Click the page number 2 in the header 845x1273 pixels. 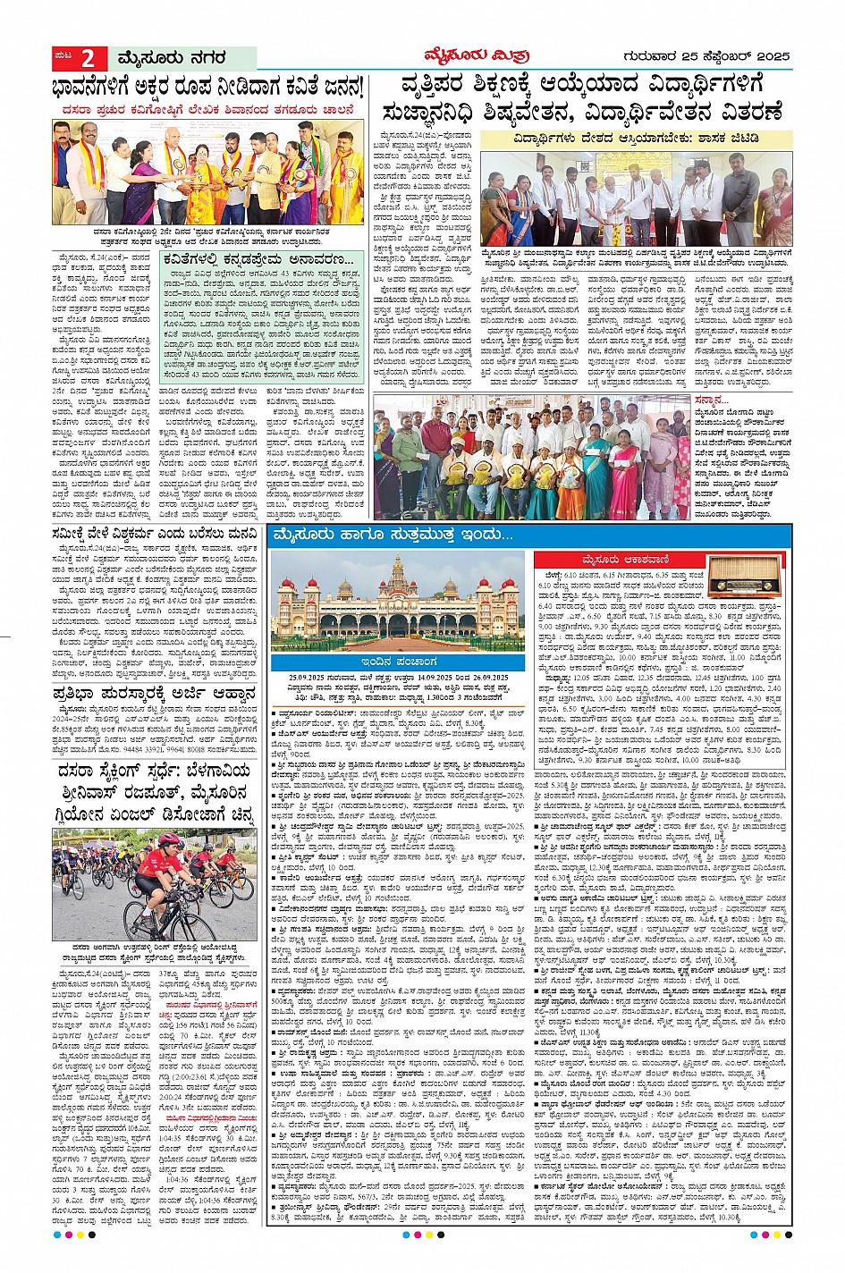(89, 59)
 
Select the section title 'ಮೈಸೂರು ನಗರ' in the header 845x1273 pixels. (170, 59)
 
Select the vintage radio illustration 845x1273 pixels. (747, 586)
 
